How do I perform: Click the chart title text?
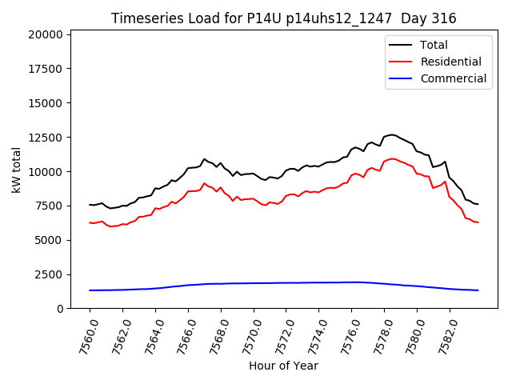[x=284, y=18]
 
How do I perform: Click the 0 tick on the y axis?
[x=61, y=309]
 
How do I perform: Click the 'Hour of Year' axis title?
[x=283, y=366]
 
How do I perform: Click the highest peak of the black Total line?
[x=392, y=134]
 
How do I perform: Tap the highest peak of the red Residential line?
[x=392, y=158]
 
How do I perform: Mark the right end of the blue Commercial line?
[x=478, y=290]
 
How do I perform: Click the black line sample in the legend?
[x=402, y=45]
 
